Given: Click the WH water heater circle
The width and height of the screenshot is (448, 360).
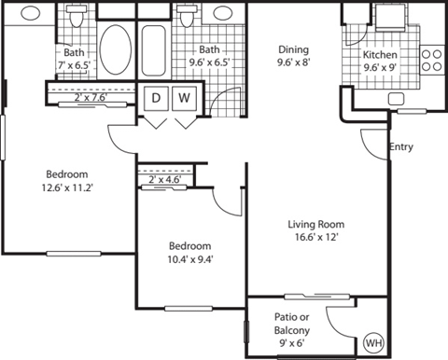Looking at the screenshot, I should point(373,344).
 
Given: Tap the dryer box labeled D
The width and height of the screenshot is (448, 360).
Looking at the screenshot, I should point(155,98).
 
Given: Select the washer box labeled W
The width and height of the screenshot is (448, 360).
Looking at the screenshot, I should point(185,98).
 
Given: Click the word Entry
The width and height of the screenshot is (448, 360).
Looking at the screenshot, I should point(400,146).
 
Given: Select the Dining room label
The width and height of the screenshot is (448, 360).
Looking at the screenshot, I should point(295,50).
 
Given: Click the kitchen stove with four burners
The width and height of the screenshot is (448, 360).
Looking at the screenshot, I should point(432,61).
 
